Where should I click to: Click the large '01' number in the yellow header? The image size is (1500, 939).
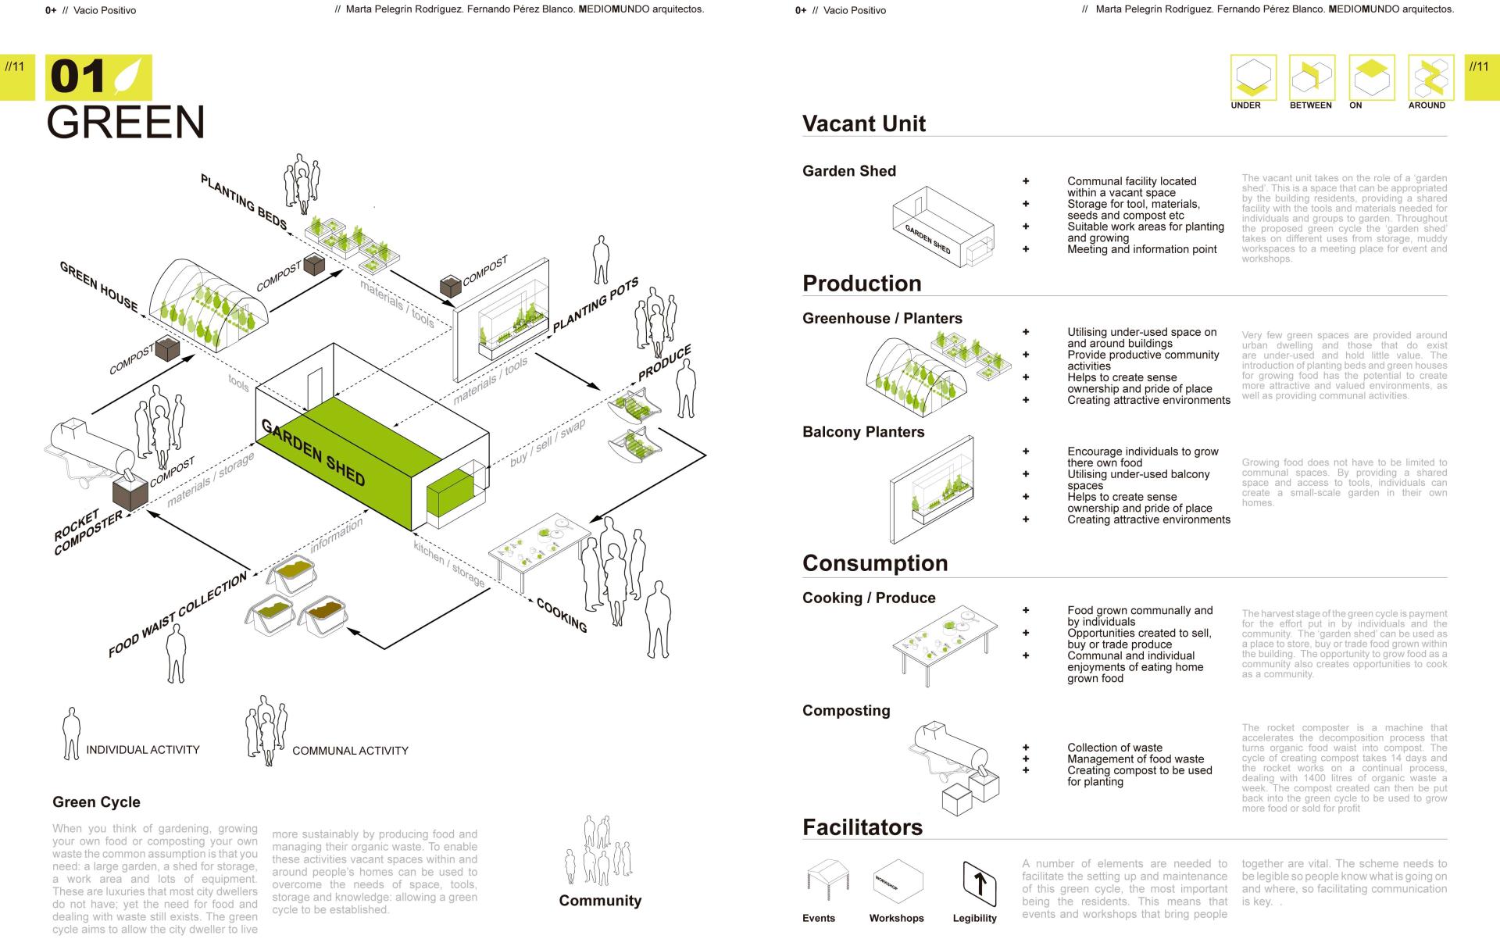click(77, 77)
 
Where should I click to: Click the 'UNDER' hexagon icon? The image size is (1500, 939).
click(1253, 77)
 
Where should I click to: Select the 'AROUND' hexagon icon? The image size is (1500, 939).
click(1430, 77)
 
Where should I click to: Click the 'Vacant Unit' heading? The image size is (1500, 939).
click(863, 123)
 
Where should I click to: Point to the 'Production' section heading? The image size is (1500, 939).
click(862, 284)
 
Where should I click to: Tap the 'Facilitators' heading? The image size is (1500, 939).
click(862, 827)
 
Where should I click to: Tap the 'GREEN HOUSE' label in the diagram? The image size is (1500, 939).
click(98, 287)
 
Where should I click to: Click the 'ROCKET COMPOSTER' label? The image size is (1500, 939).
click(88, 532)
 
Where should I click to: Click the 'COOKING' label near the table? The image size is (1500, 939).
click(562, 615)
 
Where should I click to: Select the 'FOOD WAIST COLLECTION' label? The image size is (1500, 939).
click(177, 615)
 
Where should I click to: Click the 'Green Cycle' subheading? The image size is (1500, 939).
click(96, 802)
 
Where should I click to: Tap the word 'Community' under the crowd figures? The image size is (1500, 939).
click(600, 901)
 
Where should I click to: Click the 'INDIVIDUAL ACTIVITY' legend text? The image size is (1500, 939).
click(142, 750)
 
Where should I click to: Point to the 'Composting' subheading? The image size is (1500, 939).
click(846, 710)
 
